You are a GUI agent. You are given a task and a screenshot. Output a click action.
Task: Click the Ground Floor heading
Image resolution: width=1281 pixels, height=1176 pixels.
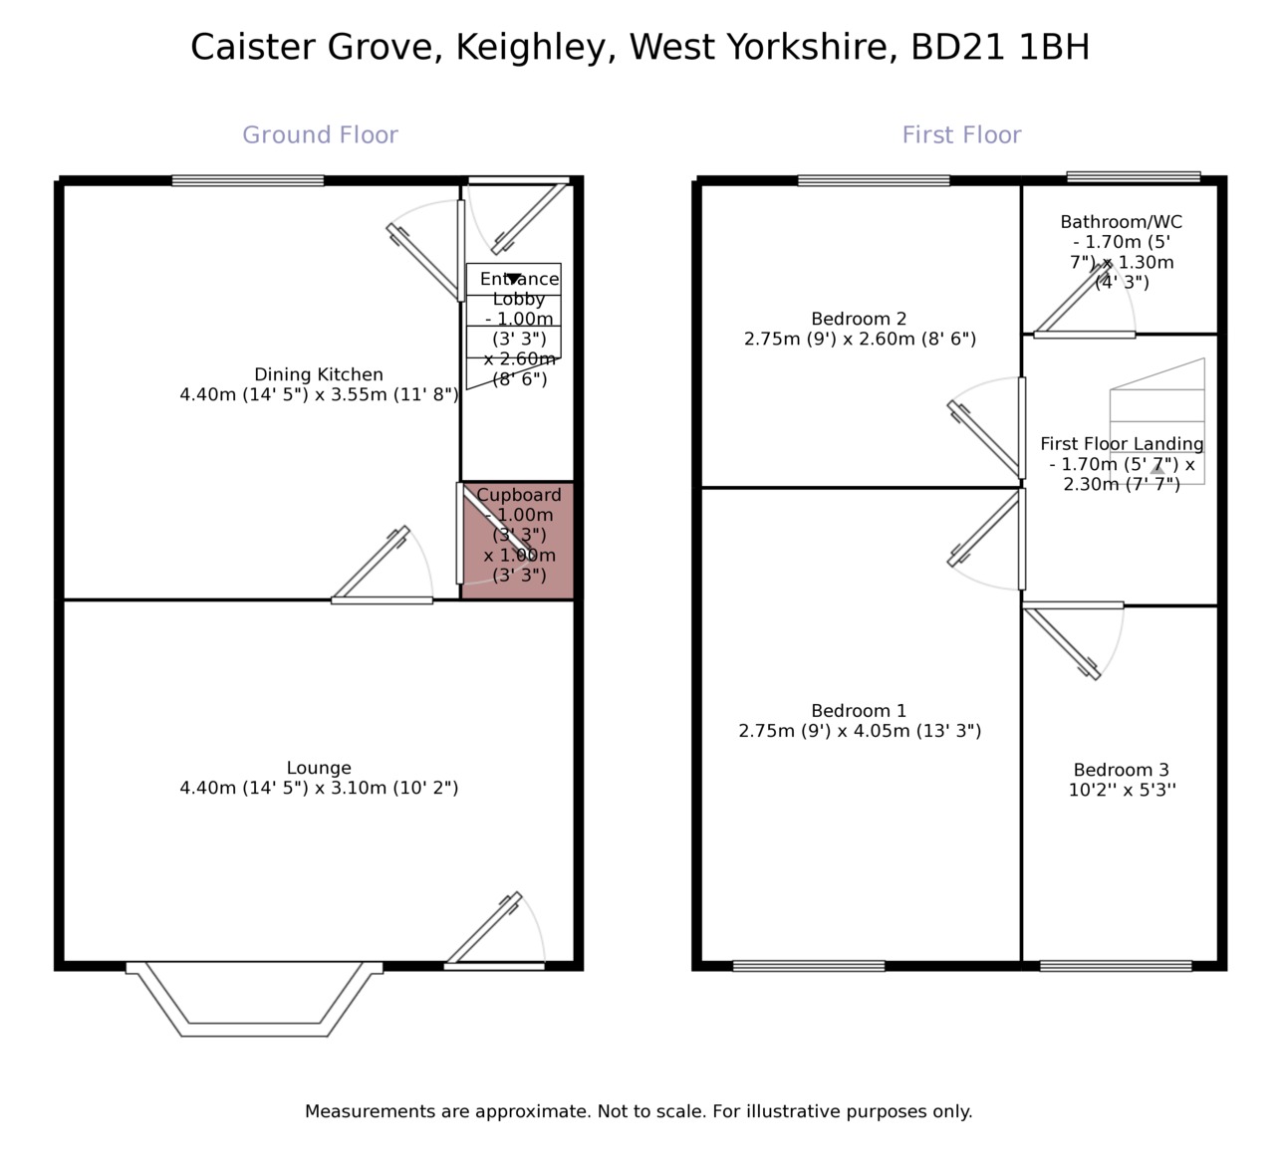point(320,135)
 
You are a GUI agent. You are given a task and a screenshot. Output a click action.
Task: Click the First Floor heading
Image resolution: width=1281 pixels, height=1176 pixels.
point(961,135)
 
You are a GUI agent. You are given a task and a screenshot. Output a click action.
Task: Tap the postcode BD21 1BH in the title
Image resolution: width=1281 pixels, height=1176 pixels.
point(1000,47)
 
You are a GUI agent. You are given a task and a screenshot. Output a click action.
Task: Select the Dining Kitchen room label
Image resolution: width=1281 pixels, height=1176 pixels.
point(319,374)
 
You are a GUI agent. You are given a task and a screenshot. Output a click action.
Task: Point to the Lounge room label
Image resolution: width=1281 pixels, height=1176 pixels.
point(319,768)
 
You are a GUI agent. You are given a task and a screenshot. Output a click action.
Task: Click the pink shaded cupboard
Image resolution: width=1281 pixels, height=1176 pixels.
point(517,540)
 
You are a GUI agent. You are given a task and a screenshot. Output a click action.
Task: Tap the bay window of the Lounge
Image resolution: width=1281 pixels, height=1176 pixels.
point(254,1001)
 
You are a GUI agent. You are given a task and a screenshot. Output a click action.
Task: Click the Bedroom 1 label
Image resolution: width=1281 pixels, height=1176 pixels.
point(859,711)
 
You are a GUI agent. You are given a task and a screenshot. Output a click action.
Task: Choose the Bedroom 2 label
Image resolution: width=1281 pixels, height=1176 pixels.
point(859,319)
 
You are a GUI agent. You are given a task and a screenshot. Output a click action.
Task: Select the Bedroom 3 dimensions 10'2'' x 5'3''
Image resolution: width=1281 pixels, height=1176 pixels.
point(1122,791)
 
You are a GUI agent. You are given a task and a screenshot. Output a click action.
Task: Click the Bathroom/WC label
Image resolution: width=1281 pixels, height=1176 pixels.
point(1122,222)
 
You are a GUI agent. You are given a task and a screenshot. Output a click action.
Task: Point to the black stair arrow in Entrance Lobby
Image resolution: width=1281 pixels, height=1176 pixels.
point(513,279)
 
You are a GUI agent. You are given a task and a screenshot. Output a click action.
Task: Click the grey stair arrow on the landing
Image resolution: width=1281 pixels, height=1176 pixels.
point(1157,468)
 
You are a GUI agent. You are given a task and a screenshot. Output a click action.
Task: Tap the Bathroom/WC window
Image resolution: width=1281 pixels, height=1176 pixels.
point(1134,177)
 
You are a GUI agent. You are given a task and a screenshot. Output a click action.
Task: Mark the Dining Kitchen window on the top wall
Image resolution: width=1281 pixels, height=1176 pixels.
point(248,180)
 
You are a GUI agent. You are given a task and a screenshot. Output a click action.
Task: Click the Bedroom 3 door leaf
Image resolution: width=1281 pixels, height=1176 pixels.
point(1063,643)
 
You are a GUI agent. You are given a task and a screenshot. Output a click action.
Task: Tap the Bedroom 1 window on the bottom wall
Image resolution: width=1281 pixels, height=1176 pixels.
point(809,966)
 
